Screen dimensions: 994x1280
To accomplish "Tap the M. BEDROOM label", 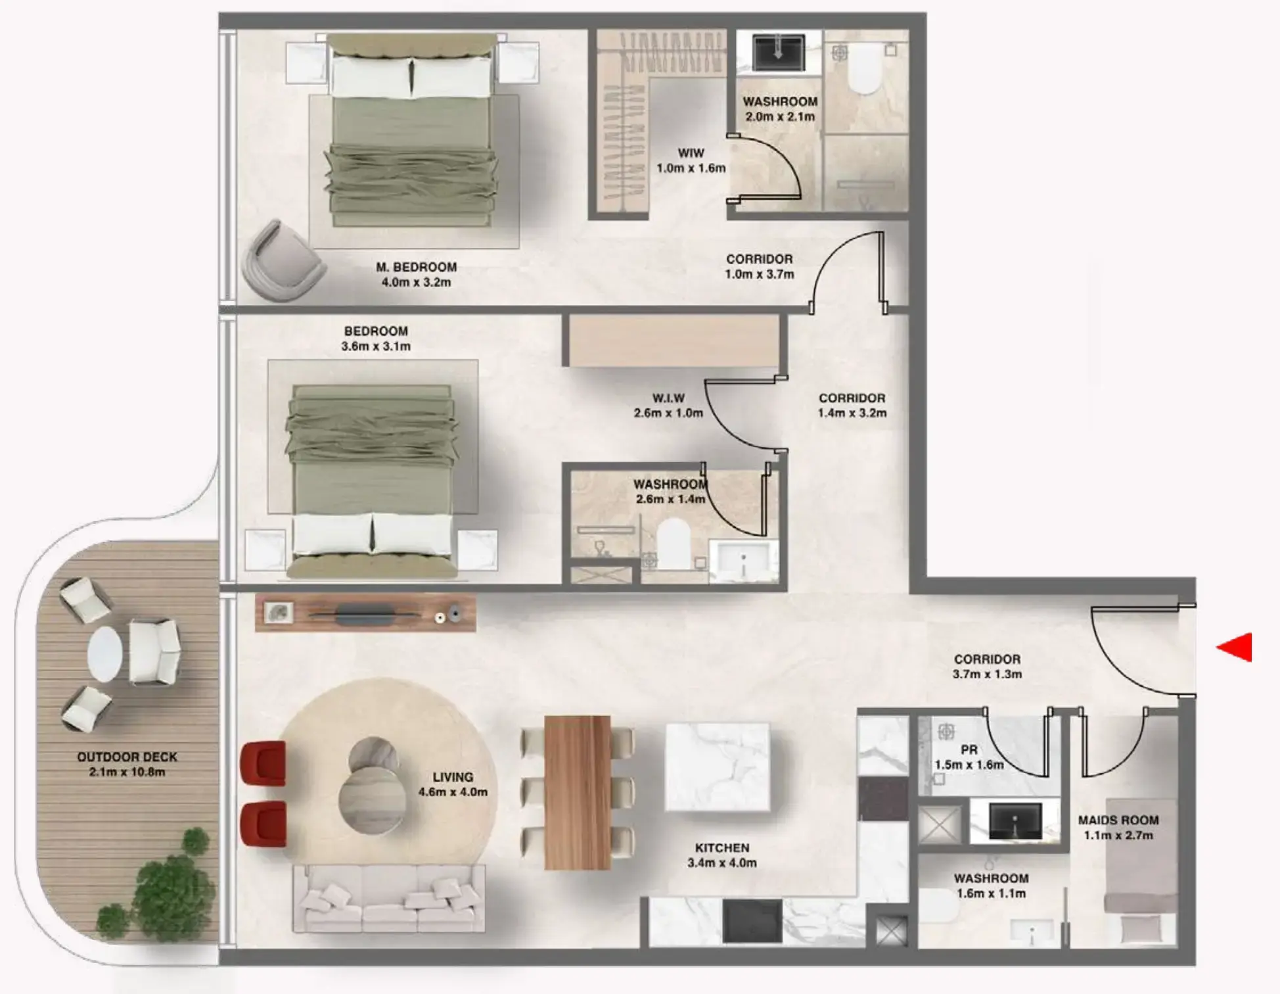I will [x=416, y=268].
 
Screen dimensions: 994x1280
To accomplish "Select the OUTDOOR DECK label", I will [x=127, y=757].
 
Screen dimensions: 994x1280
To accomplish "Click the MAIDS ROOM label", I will [x=1118, y=820].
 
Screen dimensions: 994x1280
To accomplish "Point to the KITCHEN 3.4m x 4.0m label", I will [x=722, y=855].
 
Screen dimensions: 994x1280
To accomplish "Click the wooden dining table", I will [x=578, y=792].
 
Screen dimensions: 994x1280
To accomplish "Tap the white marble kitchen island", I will [x=718, y=767].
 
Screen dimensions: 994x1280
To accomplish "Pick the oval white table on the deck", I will [x=105, y=654].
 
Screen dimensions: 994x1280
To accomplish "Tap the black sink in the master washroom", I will [x=779, y=52].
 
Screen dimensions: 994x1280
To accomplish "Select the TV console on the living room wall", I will [x=365, y=613].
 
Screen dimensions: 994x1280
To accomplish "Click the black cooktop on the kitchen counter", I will [x=752, y=920].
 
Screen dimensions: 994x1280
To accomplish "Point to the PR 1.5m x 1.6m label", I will [x=969, y=757].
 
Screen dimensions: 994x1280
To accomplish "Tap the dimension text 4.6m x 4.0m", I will [x=453, y=792].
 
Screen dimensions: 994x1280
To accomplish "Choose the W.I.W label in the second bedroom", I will [x=668, y=398].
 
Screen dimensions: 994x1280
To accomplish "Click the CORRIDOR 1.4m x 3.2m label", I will [x=852, y=406].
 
